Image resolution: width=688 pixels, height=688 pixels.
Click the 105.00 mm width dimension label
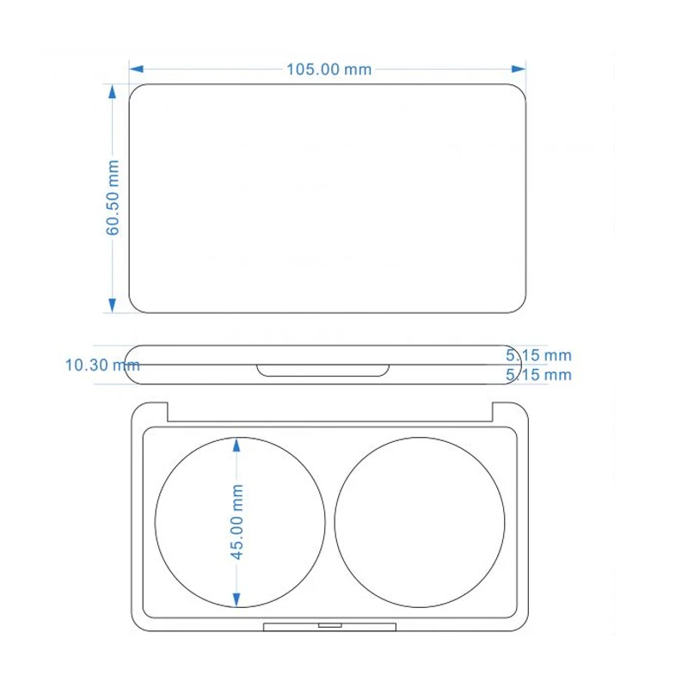tap(329, 70)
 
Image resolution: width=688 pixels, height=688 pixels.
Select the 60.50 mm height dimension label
tap(113, 198)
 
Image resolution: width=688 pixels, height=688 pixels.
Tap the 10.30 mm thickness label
tap(102, 365)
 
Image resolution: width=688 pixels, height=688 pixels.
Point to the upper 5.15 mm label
tap(538, 355)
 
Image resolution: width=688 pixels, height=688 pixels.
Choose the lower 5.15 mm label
tap(538, 375)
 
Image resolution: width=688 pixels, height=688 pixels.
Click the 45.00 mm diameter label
tap(237, 522)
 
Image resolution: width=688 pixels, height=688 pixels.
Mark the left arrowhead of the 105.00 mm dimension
tap(137, 69)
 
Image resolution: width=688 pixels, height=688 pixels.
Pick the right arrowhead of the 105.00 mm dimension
tap(519, 69)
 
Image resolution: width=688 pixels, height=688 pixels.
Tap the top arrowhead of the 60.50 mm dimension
tap(113, 91)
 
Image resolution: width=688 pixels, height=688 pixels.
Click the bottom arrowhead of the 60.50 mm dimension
tap(113, 305)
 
